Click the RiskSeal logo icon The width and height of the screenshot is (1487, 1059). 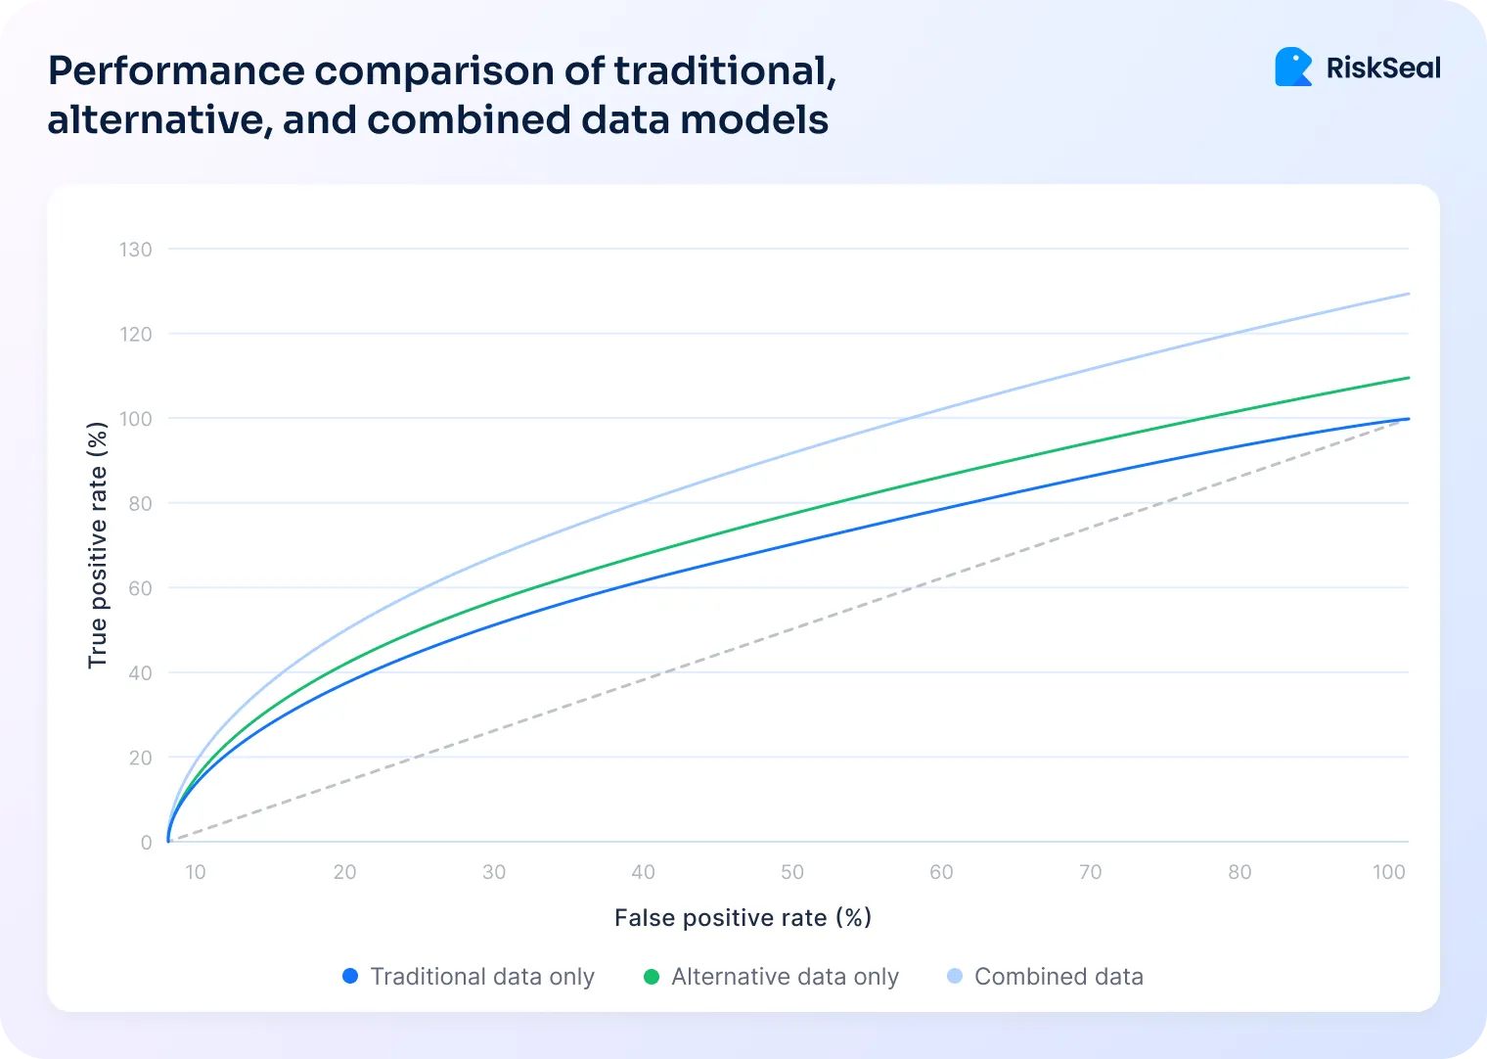tap(1293, 68)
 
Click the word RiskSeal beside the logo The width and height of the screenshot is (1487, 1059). tap(1383, 69)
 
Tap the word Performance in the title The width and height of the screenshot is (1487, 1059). tap(176, 71)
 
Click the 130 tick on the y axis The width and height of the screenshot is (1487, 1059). tap(136, 250)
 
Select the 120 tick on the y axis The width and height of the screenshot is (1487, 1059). tap(136, 335)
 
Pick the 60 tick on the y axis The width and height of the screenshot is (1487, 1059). tap(140, 588)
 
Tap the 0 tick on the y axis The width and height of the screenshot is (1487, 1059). tap(146, 843)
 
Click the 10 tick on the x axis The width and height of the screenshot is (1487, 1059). tap(196, 872)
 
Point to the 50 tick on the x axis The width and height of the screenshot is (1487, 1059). tap(792, 872)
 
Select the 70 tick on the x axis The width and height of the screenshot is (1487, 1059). tap(1090, 872)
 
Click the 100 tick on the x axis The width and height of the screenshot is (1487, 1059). tap(1388, 872)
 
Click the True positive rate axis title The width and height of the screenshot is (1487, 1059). tap(97, 545)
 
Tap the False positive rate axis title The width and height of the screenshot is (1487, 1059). tap(743, 918)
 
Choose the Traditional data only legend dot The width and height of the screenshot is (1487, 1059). tap(350, 976)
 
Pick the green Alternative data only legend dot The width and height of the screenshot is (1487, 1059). tap(652, 976)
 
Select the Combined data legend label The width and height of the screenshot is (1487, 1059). tap(1059, 977)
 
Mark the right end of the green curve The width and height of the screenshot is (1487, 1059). tap(1408, 378)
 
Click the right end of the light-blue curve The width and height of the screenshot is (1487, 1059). tap(1408, 294)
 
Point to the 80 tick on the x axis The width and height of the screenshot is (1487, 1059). tap(1239, 872)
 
